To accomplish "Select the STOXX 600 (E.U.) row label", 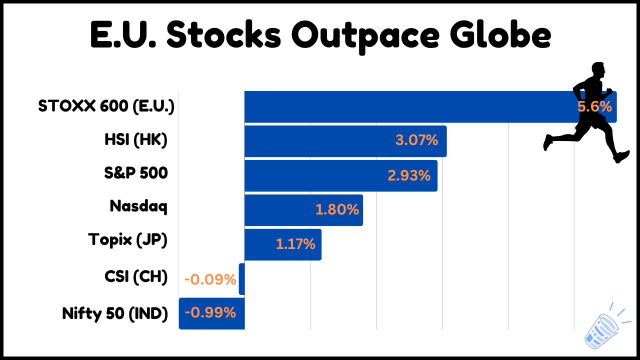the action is click(106, 106).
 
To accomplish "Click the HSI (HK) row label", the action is click(136, 140).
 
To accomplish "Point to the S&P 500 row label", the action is click(136, 173).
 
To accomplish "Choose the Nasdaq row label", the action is click(138, 206).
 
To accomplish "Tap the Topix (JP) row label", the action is click(127, 239).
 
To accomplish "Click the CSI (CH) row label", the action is click(136, 276).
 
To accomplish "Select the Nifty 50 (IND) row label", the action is click(115, 313).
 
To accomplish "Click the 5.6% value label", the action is click(594, 106).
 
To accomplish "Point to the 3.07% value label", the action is click(417, 140).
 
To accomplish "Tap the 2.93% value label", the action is click(409, 175).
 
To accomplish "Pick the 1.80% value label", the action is click(337, 209).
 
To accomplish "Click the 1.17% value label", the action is click(295, 244).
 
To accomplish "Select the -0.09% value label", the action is click(210, 279).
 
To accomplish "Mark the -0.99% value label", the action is click(210, 312).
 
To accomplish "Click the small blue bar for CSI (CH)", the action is click(241, 279).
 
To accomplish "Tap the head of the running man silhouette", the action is click(598, 69).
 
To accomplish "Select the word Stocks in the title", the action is click(224, 34).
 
